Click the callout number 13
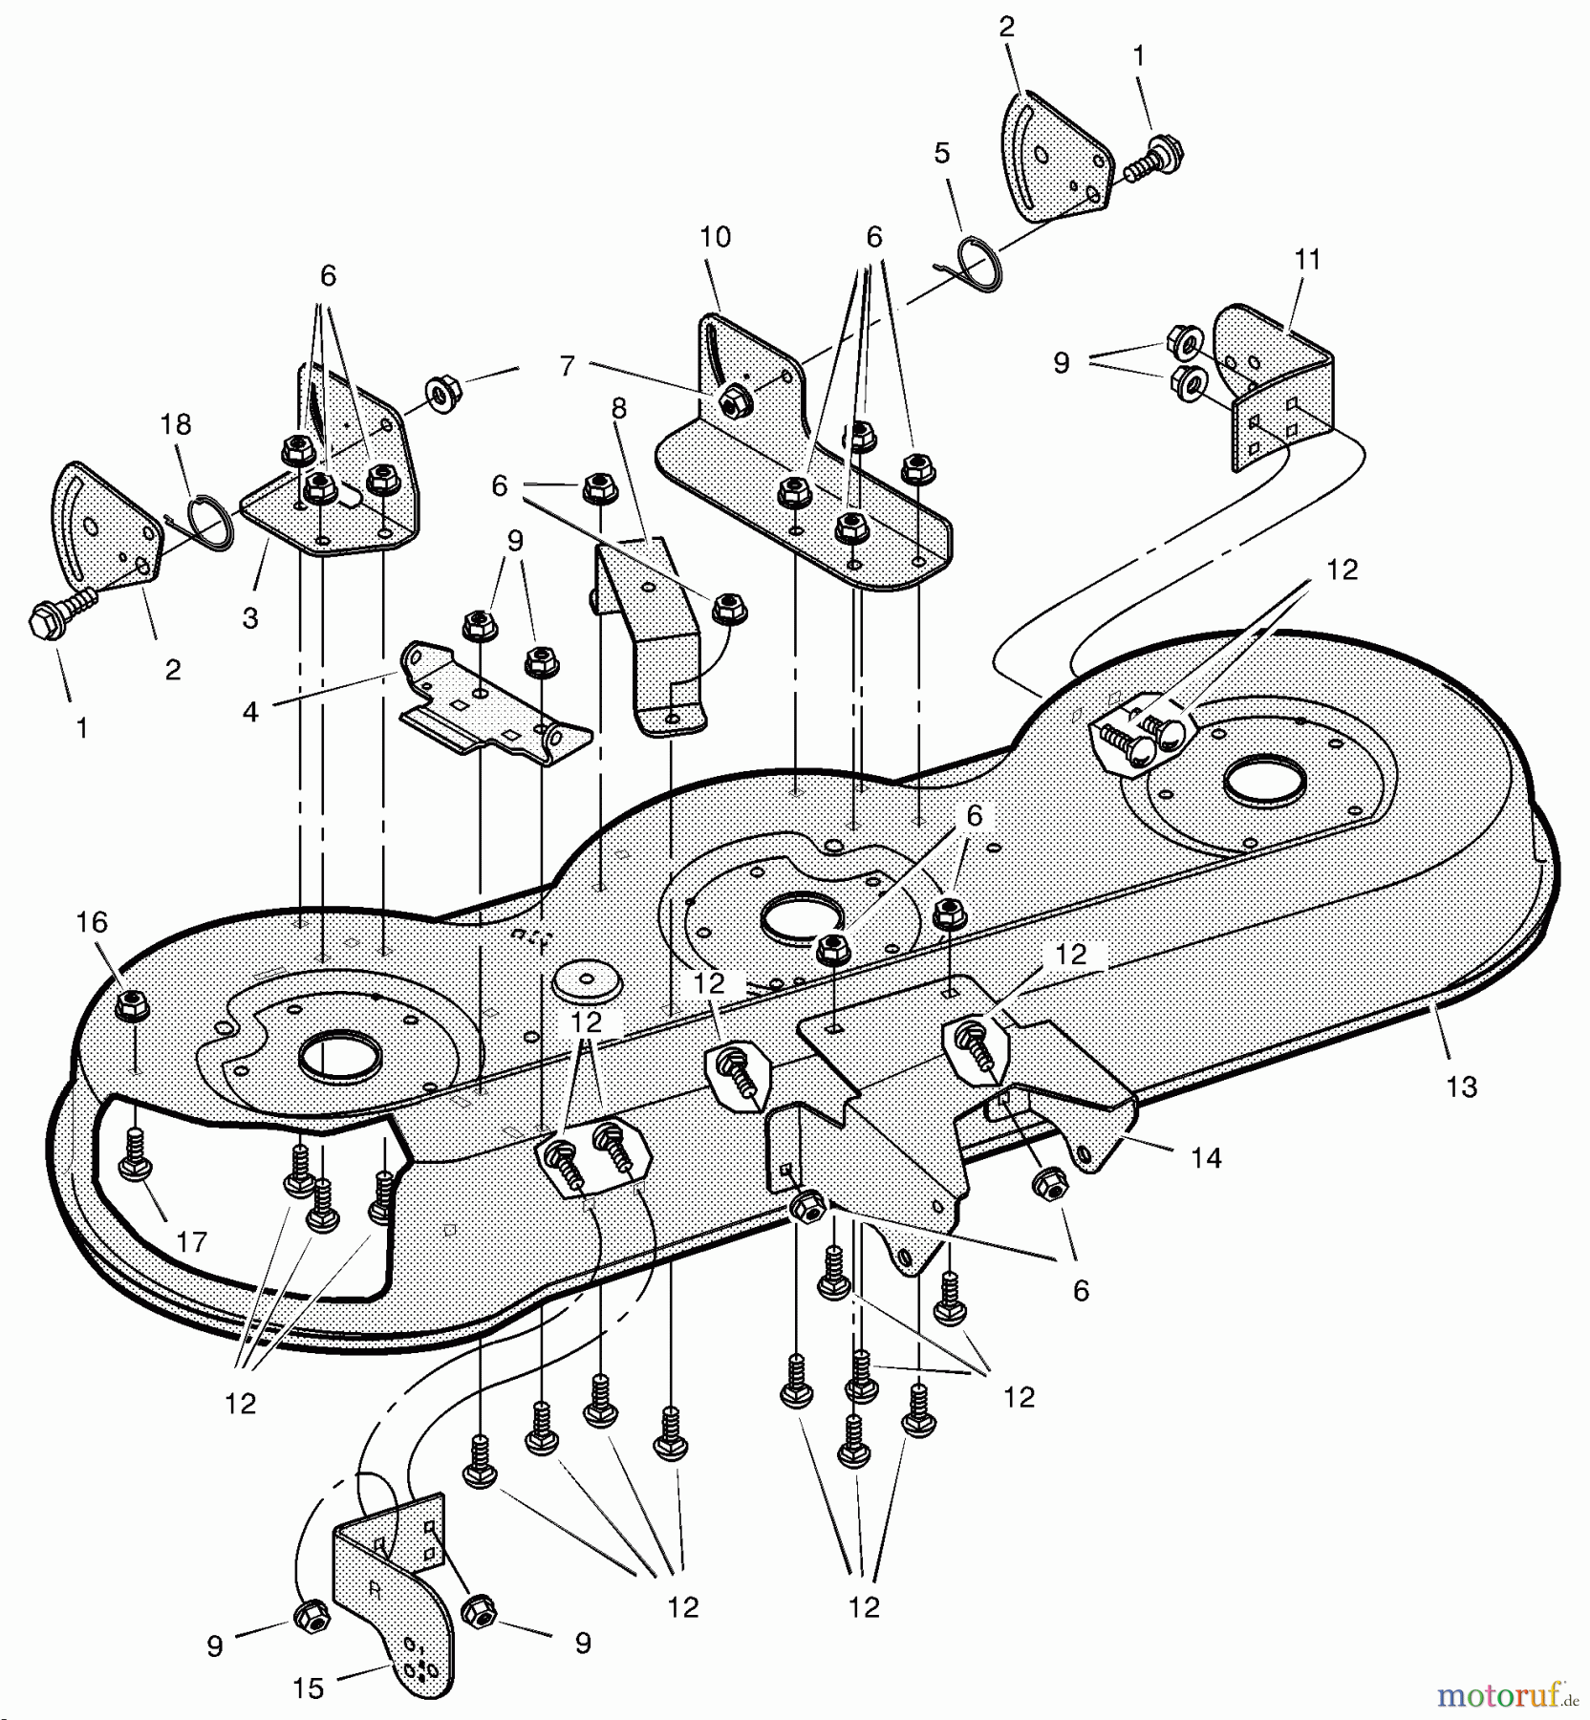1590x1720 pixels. [x=1461, y=1086]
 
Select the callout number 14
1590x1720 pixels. [x=1206, y=1158]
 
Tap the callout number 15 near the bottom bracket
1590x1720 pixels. [x=308, y=1688]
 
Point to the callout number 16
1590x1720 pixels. [x=92, y=922]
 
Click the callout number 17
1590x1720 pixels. [x=191, y=1241]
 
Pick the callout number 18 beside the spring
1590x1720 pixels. [x=176, y=424]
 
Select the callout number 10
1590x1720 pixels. [x=715, y=237]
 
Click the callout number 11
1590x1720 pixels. [x=1306, y=260]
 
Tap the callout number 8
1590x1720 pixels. [x=619, y=409]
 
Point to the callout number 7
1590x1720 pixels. [x=568, y=366]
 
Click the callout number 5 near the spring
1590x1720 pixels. [x=942, y=153]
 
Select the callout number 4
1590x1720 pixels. [x=250, y=712]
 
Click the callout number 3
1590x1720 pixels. [x=250, y=618]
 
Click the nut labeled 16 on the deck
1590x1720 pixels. [x=132, y=1005]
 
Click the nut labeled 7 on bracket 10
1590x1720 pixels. [x=734, y=402]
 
